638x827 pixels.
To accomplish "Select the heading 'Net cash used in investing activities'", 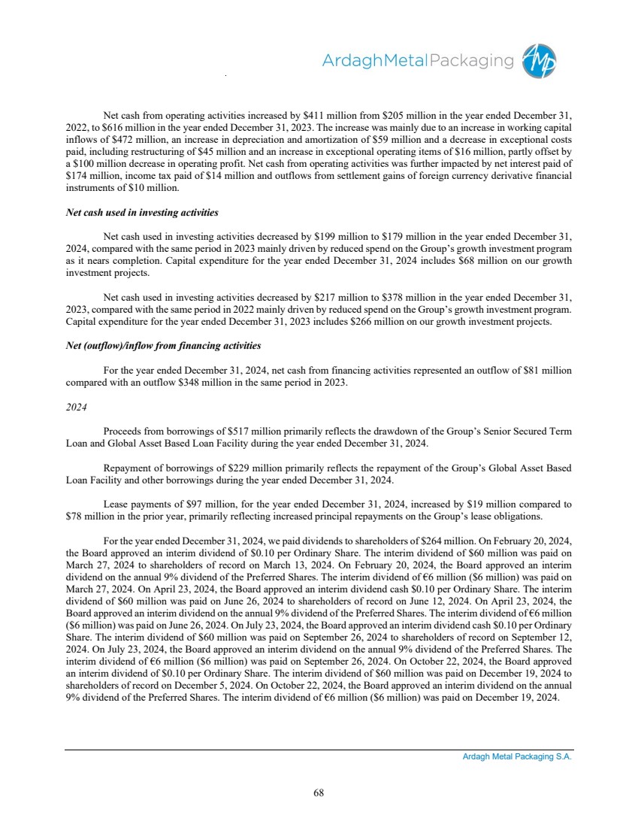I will coord(143,213).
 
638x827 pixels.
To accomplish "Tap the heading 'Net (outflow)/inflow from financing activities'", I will coord(164,345).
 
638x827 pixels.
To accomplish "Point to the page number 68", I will coord(319,791).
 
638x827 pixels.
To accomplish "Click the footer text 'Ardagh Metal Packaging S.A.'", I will coord(517,757).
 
